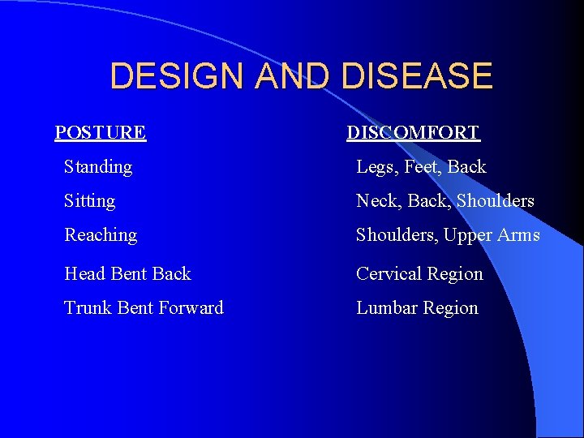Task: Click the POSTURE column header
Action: tap(101, 132)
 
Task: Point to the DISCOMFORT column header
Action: tap(413, 132)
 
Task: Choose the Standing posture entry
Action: tap(98, 167)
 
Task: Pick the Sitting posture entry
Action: tap(90, 201)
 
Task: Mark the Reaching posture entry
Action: tap(101, 235)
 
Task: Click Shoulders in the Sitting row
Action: tap(496, 201)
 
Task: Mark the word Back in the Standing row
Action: tap(467, 167)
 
